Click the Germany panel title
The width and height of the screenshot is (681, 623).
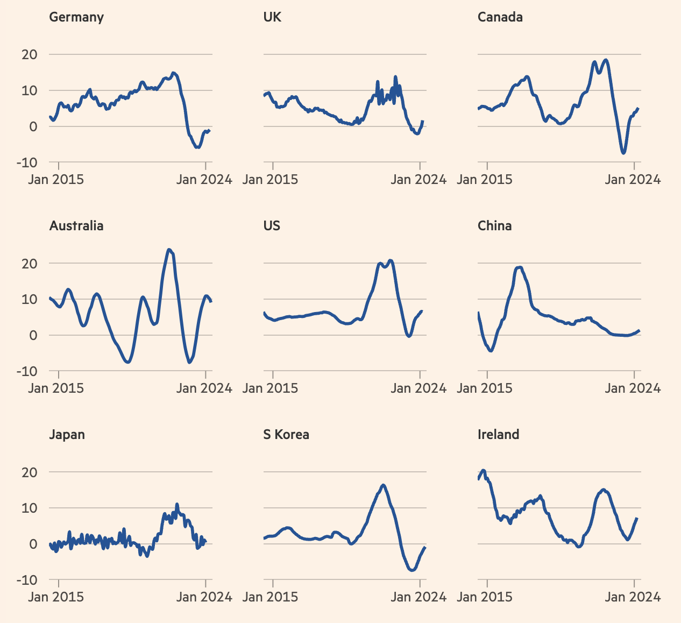[76, 17]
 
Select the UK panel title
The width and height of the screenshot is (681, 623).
[272, 17]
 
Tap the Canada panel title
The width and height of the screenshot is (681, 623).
[500, 17]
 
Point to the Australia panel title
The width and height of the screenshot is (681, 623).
[76, 226]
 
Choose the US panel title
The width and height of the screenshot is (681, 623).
[272, 226]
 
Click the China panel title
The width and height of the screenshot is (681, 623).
[494, 226]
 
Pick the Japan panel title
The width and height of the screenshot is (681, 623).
[67, 435]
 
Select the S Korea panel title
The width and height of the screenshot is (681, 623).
[286, 435]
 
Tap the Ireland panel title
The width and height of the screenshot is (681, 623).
[498, 435]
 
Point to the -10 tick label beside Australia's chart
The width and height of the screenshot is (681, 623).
[26, 371]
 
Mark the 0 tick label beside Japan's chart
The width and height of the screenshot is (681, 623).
[33, 544]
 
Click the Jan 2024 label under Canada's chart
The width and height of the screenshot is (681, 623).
[633, 179]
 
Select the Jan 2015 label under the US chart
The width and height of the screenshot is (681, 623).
[270, 388]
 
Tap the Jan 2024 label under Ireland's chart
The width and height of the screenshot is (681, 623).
[633, 597]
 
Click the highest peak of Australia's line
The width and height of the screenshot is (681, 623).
[169, 250]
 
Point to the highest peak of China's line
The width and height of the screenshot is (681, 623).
[519, 267]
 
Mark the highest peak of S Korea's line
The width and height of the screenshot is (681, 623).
[383, 485]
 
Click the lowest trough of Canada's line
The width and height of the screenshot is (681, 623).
[623, 153]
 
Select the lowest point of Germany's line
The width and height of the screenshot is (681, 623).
[198, 147]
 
